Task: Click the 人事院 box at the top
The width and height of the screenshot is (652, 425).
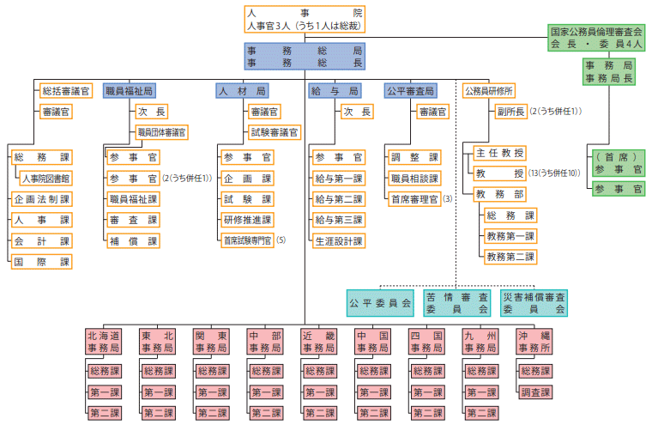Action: pyautogui.click(x=305, y=19)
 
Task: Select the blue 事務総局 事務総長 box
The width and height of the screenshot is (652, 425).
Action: pyautogui.click(x=305, y=57)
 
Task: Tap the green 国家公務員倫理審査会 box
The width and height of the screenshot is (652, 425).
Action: pyautogui.click(x=596, y=37)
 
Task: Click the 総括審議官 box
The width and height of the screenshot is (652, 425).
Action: pyautogui.click(x=65, y=90)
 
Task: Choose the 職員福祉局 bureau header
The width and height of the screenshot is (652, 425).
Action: pyautogui.click(x=130, y=90)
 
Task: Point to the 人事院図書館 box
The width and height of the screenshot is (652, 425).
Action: pyautogui.click(x=47, y=179)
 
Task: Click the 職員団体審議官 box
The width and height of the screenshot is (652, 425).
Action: pyautogui.click(x=161, y=133)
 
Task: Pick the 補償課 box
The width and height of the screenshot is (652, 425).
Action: pyautogui.click(x=133, y=241)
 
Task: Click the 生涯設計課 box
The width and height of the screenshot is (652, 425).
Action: pyautogui.click(x=339, y=241)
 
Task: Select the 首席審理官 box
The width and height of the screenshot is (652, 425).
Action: pyautogui.click(x=414, y=199)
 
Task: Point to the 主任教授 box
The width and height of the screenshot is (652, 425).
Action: pyautogui.click(x=499, y=154)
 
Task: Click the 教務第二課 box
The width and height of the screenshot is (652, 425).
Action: pyautogui.click(x=510, y=256)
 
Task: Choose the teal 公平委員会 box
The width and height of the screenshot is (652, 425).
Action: pyautogui.click(x=380, y=302)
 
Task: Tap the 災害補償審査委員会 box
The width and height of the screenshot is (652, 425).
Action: pyautogui.click(x=534, y=302)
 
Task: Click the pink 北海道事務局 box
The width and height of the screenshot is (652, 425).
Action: pyautogui.click(x=103, y=342)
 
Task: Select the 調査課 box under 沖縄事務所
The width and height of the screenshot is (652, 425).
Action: pyautogui.click(x=534, y=392)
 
